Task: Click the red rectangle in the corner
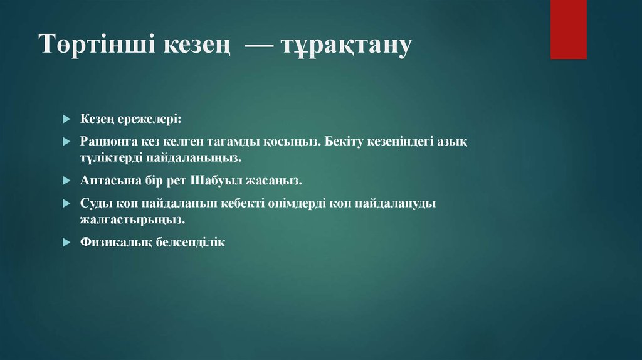[568, 29]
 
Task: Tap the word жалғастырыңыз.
[132, 219]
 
